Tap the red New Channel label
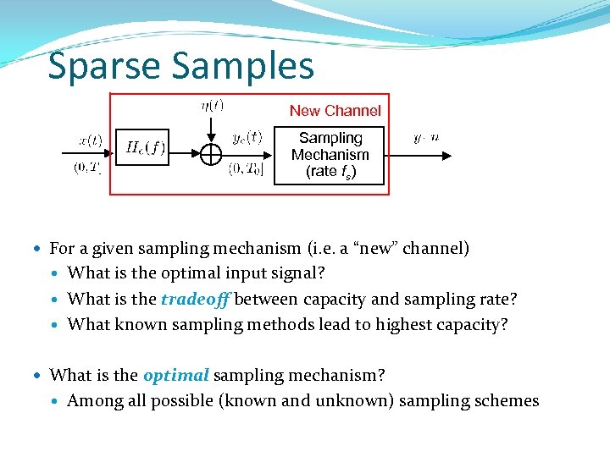click(x=335, y=111)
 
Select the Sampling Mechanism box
click(x=330, y=155)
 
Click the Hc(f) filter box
click(x=146, y=149)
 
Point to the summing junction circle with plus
click(x=210, y=154)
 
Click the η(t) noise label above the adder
click(x=212, y=106)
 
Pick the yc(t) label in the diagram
click(x=247, y=137)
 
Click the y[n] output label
click(x=425, y=137)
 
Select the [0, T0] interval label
click(x=247, y=169)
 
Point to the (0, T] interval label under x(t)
click(x=88, y=168)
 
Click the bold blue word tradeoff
click(x=197, y=299)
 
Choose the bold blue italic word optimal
click(x=175, y=375)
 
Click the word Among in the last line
click(x=92, y=400)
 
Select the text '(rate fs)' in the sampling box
click(x=330, y=172)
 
